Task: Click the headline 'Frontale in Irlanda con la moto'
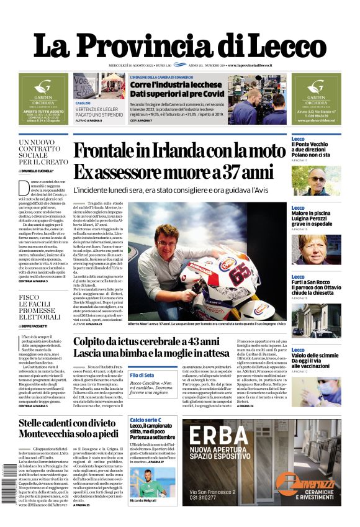(179, 151)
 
